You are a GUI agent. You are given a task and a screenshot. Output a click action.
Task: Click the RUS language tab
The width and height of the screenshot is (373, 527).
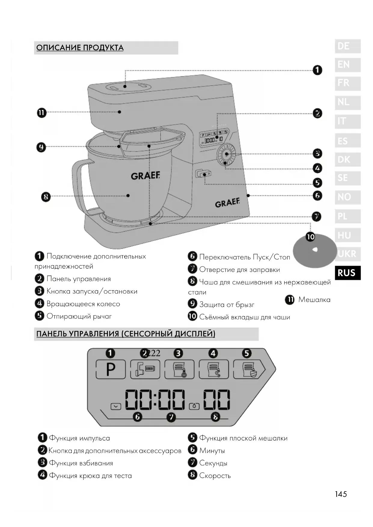(347, 273)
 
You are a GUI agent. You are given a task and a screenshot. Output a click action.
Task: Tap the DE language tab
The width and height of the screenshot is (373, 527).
(347, 46)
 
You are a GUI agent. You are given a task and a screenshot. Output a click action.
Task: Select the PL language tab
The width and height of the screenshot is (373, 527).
(347, 216)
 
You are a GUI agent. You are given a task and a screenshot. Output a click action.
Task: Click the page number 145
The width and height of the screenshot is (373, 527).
(341, 494)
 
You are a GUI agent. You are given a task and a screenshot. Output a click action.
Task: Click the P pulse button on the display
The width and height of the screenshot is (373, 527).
(111, 369)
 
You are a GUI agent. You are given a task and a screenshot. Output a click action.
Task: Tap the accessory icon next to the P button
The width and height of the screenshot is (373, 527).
(145, 369)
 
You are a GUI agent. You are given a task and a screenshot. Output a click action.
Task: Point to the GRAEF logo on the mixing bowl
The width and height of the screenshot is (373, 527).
(145, 175)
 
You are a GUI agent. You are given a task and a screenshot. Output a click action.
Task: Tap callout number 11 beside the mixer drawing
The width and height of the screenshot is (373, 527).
(41, 113)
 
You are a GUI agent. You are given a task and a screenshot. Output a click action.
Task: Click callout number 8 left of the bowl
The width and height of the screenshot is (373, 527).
(46, 197)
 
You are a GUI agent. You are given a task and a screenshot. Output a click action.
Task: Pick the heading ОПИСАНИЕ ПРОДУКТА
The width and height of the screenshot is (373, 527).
(80, 48)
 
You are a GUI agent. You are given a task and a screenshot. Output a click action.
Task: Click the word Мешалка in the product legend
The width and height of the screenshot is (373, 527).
(314, 300)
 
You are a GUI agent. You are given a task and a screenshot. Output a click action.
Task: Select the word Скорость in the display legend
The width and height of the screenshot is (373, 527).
(215, 476)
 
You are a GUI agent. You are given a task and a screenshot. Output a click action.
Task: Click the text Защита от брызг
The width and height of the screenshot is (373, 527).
(227, 305)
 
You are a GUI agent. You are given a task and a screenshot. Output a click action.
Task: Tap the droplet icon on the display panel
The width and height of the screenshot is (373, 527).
(194, 407)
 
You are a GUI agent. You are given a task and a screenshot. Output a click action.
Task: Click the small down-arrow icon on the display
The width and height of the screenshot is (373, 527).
(116, 407)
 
